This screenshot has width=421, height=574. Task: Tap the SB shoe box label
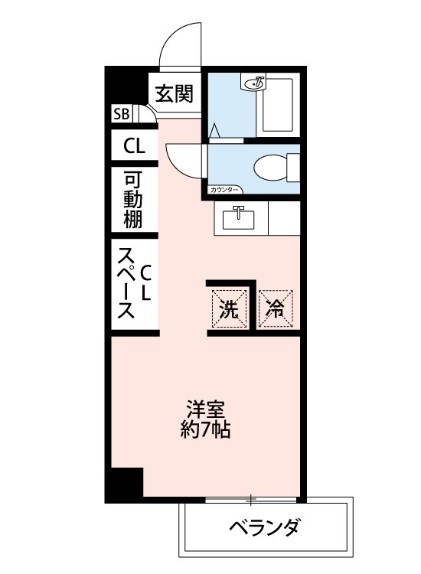121,115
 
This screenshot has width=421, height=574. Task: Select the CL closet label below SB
134,145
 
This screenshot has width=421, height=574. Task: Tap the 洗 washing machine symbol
229,308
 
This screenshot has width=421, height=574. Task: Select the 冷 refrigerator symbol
276,308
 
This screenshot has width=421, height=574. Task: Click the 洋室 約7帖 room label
205,418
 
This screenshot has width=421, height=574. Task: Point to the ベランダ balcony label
264,528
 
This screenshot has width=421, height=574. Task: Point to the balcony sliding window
253,500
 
